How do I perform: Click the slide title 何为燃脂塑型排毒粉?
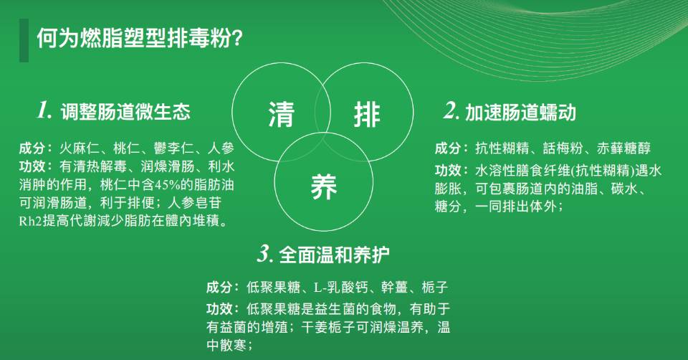139,38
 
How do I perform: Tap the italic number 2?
451,111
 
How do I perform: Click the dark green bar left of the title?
24,40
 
